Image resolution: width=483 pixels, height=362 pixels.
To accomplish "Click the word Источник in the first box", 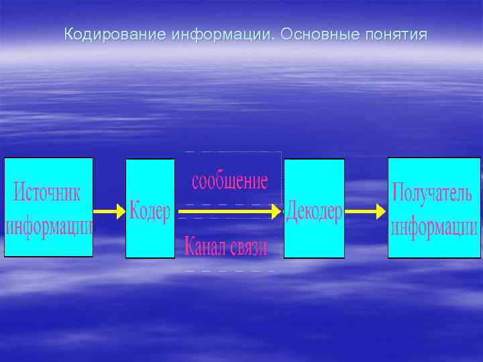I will (x=47, y=193).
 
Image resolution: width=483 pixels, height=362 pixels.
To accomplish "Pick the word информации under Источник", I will (x=49, y=225).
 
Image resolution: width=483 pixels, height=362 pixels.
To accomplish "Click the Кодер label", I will (x=150, y=211).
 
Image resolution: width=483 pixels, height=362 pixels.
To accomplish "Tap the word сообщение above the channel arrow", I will (x=230, y=181).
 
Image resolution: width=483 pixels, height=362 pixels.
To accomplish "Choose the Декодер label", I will (x=314, y=212).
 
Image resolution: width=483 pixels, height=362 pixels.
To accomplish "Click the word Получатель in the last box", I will (x=434, y=194).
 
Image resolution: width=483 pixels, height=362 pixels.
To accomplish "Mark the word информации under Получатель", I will (x=434, y=226).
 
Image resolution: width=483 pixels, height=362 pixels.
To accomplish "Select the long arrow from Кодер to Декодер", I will (x=228, y=211).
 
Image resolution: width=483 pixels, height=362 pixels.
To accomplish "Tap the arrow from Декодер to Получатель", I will (x=365, y=211).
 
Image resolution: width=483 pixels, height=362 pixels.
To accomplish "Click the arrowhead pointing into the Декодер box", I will (x=276, y=211).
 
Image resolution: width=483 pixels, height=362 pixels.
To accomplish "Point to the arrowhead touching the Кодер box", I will (x=121, y=211).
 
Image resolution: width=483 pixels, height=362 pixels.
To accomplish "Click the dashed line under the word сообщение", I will (x=228, y=204).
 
